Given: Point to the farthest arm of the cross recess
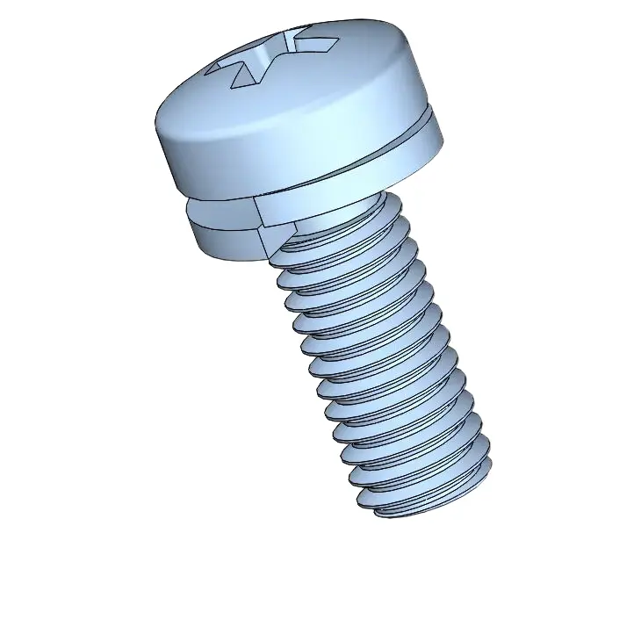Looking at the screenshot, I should click(292, 37).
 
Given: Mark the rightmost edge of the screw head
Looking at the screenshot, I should click(443, 123).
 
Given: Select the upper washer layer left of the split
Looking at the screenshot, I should click(220, 211).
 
